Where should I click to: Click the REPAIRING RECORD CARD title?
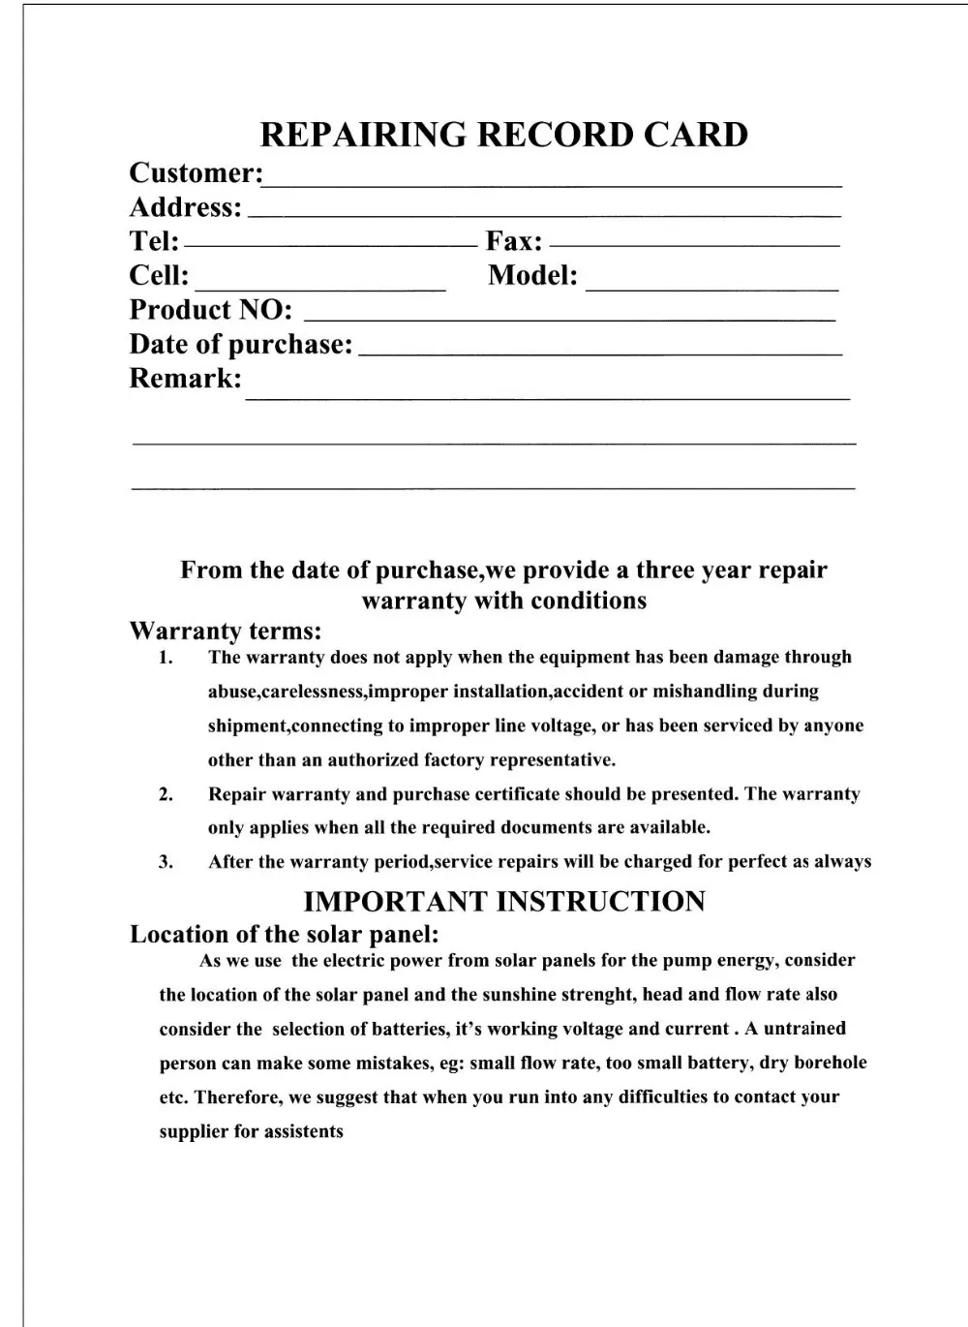point(504,135)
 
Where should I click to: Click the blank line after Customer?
point(553,183)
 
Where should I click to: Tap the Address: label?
point(186,207)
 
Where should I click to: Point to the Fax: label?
point(514,241)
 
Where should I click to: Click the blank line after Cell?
point(319,289)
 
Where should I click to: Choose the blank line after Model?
point(712,289)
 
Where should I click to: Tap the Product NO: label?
point(211,310)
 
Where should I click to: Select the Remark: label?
point(186,379)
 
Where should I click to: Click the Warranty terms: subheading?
point(226,632)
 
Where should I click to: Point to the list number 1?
point(166,658)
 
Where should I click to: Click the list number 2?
point(166,794)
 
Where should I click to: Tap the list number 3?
point(166,862)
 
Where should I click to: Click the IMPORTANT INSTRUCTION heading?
point(504,902)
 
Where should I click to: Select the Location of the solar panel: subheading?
point(286,935)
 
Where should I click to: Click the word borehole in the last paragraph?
point(830,1063)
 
